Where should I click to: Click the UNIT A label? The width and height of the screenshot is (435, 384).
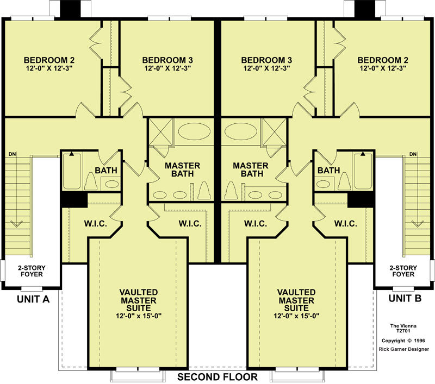click(x=33, y=299)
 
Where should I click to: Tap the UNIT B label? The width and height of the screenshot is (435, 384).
click(x=405, y=298)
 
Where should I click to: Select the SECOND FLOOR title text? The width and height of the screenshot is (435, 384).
click(x=217, y=377)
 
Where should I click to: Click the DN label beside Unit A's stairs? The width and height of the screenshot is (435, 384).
click(x=12, y=154)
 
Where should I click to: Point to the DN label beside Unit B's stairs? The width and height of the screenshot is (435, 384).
click(x=413, y=154)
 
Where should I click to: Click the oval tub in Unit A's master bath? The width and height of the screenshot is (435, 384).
click(x=194, y=131)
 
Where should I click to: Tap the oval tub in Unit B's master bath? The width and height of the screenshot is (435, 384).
click(x=241, y=131)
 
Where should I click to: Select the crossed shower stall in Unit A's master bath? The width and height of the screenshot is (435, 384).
click(x=161, y=132)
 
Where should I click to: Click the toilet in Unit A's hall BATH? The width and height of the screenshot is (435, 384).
click(x=91, y=181)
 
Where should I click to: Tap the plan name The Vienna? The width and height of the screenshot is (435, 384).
click(x=403, y=326)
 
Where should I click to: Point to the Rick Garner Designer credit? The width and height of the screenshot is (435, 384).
click(x=403, y=349)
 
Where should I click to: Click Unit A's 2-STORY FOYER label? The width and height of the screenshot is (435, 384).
click(x=32, y=271)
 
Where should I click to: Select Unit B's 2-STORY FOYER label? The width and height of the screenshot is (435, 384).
click(x=403, y=271)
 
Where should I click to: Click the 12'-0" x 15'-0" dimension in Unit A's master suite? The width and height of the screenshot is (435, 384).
click(x=139, y=316)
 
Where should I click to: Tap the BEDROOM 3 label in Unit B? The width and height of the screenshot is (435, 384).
click(x=266, y=60)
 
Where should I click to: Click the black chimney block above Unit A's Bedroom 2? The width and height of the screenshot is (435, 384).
click(x=71, y=9)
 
